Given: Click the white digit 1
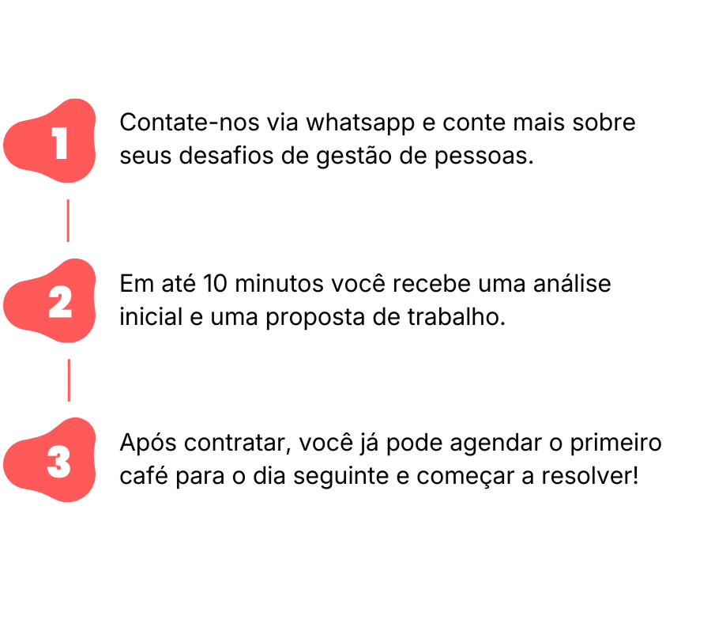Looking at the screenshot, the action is click(x=60, y=144).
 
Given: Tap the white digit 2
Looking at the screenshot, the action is click(x=60, y=303).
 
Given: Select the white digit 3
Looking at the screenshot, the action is click(x=59, y=463).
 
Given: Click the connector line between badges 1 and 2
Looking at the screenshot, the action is click(x=67, y=220).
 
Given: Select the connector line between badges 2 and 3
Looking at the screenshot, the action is click(x=68, y=379).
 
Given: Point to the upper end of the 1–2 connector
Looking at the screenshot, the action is click(x=67, y=202).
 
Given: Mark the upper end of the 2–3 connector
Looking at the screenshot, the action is click(x=68, y=361).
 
